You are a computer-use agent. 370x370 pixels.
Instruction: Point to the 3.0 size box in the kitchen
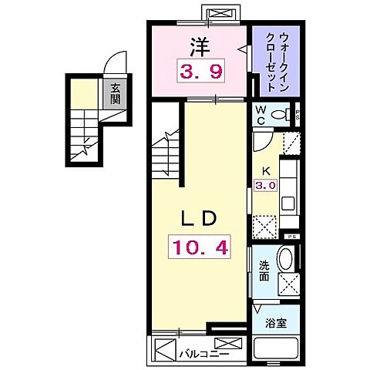point(264,185)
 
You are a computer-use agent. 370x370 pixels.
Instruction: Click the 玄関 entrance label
point(115,95)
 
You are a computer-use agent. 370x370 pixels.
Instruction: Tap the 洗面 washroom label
point(264,270)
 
